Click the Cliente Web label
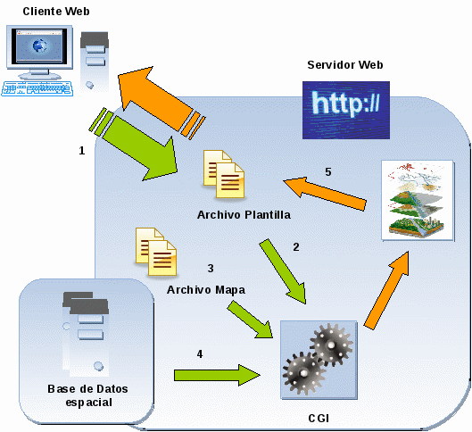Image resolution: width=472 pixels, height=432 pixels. (x=56, y=12)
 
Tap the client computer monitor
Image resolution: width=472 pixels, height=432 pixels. (x=39, y=51)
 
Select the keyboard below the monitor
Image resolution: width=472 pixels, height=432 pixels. (x=37, y=88)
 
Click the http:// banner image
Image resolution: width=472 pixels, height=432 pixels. (x=346, y=110)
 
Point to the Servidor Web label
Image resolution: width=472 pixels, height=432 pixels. (x=345, y=65)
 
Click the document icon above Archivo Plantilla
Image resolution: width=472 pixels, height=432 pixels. (x=224, y=174)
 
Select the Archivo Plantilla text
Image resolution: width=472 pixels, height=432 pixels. (x=244, y=215)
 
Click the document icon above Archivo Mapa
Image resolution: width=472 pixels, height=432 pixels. (x=156, y=252)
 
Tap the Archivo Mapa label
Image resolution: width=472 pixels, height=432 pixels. (x=206, y=290)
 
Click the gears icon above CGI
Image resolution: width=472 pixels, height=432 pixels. (x=319, y=360)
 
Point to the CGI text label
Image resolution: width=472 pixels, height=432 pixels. (x=319, y=418)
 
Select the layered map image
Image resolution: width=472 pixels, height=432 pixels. (x=418, y=200)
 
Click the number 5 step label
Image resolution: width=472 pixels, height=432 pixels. (x=328, y=172)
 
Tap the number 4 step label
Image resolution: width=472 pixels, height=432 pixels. (x=200, y=354)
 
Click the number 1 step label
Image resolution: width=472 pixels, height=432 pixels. (x=81, y=151)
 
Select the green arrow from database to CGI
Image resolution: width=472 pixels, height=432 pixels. (x=217, y=375)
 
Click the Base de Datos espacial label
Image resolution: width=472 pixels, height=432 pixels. (x=88, y=395)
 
